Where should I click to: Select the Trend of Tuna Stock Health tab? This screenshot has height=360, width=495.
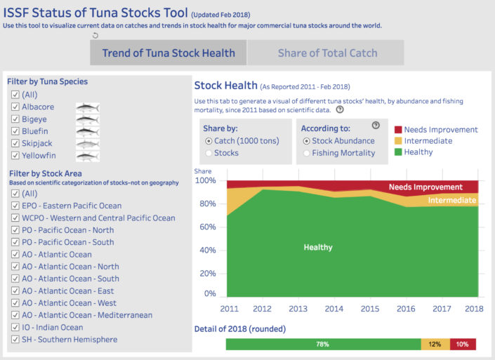169,53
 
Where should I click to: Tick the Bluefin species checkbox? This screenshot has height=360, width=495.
15,131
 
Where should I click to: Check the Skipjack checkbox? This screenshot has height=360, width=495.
15,143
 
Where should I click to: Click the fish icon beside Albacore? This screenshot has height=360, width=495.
88,108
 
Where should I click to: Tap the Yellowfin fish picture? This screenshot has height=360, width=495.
88,156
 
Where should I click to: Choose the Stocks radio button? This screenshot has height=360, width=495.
209,153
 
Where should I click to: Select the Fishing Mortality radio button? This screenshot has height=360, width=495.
306,153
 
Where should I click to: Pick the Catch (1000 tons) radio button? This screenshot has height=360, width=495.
209,141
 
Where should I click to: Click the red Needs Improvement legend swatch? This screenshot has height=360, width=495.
398,130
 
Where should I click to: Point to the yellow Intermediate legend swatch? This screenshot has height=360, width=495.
398,141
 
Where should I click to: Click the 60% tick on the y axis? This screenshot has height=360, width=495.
208,227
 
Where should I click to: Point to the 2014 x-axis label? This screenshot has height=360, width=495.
334,309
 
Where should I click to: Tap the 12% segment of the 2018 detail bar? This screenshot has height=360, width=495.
435,345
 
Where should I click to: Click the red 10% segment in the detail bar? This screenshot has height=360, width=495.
463,345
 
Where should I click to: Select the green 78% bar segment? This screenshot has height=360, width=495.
324,345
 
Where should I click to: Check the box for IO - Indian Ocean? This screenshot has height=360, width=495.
15,327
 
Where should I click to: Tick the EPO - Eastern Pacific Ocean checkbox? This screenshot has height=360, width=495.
15,206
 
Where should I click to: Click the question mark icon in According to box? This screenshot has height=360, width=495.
376,125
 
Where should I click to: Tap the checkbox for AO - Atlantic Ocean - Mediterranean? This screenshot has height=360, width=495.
15,315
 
